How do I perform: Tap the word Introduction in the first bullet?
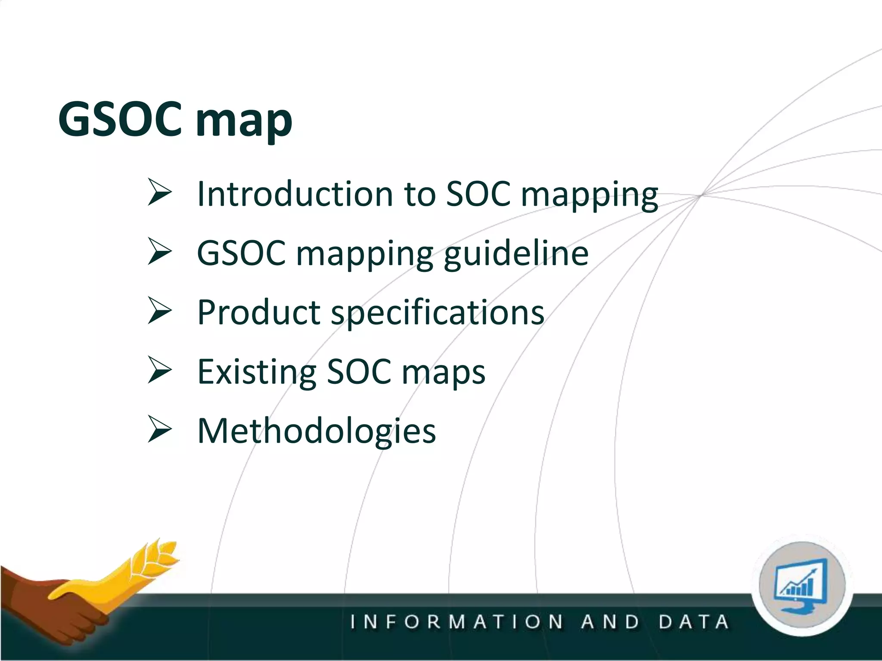tap(295, 194)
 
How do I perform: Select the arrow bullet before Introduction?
tap(160, 192)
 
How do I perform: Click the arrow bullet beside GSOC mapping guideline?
tap(160, 251)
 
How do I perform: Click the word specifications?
tap(438, 313)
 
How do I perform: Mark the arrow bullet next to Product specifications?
tap(160, 310)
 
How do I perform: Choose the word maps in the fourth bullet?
tap(444, 373)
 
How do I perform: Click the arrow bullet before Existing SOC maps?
tap(160, 370)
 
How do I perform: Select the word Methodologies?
tap(317, 431)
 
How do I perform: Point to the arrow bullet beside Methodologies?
tap(160, 429)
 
